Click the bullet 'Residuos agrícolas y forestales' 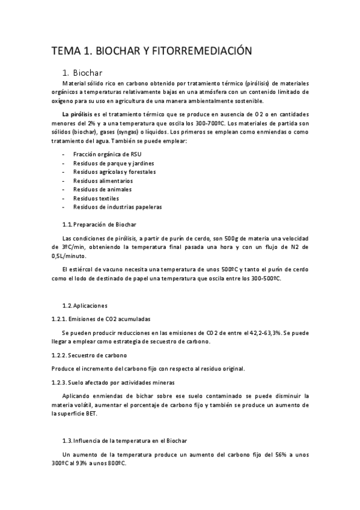114,171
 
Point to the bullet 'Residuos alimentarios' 103,180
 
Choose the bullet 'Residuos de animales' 102,189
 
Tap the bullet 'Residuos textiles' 96,198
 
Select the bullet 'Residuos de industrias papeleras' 117,207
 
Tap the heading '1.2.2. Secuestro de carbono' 88,355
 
